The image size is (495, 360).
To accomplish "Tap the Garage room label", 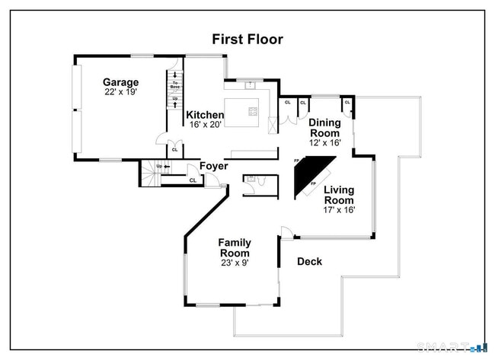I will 120,82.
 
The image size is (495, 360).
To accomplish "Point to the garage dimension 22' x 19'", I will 120,92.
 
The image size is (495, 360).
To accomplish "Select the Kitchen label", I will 206,115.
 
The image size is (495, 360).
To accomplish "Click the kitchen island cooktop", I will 252,113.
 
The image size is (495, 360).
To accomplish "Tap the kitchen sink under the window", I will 248,83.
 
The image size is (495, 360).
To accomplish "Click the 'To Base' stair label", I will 175,84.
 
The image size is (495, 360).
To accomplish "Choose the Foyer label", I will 214,166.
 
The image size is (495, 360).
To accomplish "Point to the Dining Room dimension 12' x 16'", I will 324,142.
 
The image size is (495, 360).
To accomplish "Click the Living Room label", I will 339,195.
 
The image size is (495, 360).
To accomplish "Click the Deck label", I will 309,261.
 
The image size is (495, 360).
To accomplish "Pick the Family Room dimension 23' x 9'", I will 235,263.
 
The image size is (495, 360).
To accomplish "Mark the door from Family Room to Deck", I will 285,232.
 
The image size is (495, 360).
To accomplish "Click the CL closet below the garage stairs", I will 174,150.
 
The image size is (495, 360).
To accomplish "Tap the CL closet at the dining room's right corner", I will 347,102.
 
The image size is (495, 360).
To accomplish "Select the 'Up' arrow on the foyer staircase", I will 158,166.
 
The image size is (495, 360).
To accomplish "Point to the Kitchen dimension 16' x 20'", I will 206,125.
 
